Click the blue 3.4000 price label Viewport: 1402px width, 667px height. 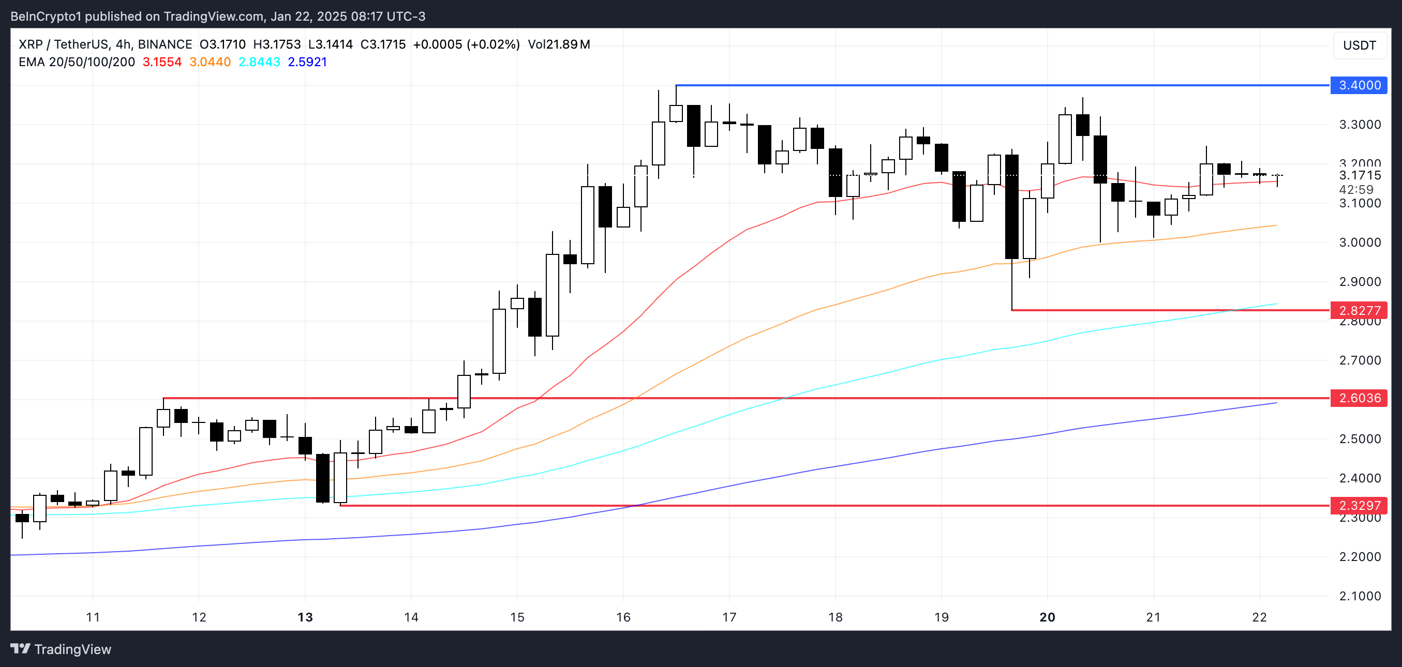(x=1359, y=85)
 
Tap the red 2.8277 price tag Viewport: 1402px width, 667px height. (x=1359, y=311)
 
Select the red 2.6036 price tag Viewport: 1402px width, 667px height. (x=1359, y=398)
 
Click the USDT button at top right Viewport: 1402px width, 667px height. (x=1359, y=45)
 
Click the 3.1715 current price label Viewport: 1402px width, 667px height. (x=1360, y=175)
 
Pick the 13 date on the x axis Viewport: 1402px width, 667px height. (x=305, y=617)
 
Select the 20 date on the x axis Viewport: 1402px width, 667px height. (x=1047, y=617)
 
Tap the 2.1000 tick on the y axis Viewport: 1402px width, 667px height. (x=1360, y=596)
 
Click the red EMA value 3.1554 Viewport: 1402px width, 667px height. (x=161, y=62)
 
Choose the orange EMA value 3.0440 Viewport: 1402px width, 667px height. (x=210, y=62)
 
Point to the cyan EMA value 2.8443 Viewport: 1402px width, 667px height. (x=259, y=62)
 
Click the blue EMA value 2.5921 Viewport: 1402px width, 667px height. (x=307, y=62)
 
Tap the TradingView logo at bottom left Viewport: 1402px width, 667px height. (x=61, y=649)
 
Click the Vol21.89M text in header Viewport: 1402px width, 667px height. (x=558, y=44)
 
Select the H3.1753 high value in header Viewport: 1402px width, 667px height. (x=276, y=44)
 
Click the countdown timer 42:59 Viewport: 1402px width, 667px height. (x=1356, y=190)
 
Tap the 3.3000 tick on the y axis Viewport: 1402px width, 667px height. (x=1360, y=125)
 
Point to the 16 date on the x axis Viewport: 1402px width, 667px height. (x=623, y=617)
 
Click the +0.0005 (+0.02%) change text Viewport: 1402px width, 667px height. (x=466, y=44)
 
